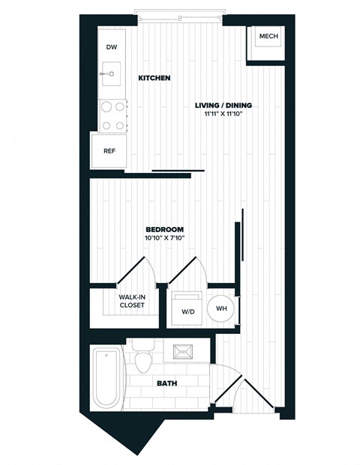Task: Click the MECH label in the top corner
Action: point(268,37)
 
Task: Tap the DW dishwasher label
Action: point(112,48)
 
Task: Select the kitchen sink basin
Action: point(111,74)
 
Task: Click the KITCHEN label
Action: point(154,78)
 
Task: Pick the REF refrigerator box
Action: point(109,151)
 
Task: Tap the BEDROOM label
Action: point(164,229)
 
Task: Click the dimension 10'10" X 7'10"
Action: point(164,238)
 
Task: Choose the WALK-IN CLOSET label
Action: point(131,301)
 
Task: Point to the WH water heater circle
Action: point(221,308)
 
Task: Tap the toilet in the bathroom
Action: point(145,359)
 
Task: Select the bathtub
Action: point(106,378)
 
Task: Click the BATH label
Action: point(166,383)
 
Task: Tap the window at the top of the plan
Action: point(178,12)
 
